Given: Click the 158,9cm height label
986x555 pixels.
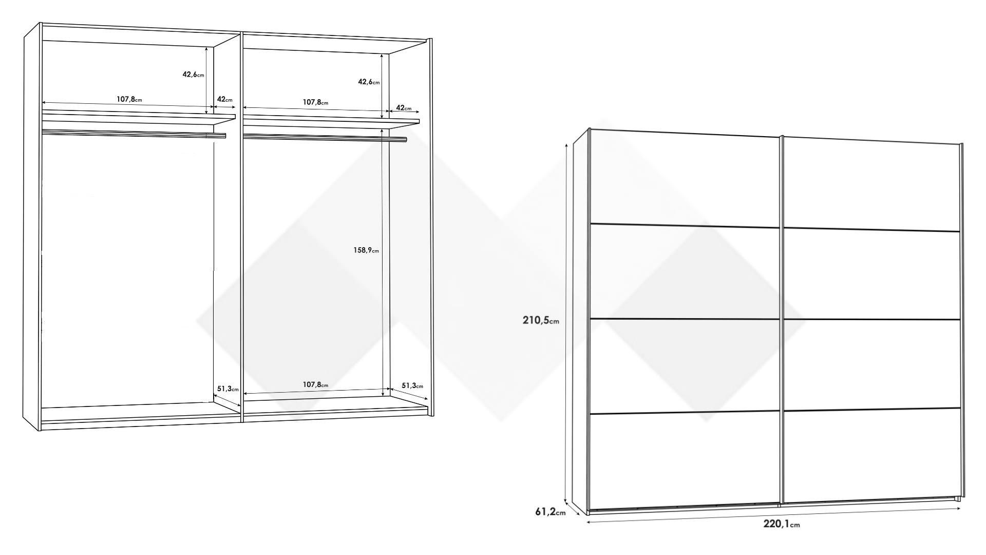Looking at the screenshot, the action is coord(366,250).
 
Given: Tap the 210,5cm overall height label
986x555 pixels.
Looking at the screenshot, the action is coord(541,320).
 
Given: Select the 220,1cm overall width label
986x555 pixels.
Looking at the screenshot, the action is coord(781,524).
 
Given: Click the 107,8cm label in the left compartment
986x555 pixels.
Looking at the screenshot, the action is coord(129,99).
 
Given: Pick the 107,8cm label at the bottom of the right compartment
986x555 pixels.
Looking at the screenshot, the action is coord(315,384).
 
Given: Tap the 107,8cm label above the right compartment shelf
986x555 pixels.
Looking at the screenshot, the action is coord(315,102).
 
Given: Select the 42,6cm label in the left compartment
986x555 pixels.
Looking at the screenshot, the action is coord(193,74).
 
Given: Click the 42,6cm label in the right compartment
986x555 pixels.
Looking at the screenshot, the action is coord(369,81).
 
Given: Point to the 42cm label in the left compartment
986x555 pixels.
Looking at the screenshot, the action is coord(224,99).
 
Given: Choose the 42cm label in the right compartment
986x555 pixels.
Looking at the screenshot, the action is coord(404,108).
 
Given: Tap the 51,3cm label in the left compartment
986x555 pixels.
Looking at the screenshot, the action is coord(228,388).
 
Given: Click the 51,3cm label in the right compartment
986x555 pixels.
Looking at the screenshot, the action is coord(412,385).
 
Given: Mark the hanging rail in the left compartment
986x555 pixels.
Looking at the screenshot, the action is coord(134,134).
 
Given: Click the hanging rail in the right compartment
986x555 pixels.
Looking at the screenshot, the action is coord(325,137).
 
